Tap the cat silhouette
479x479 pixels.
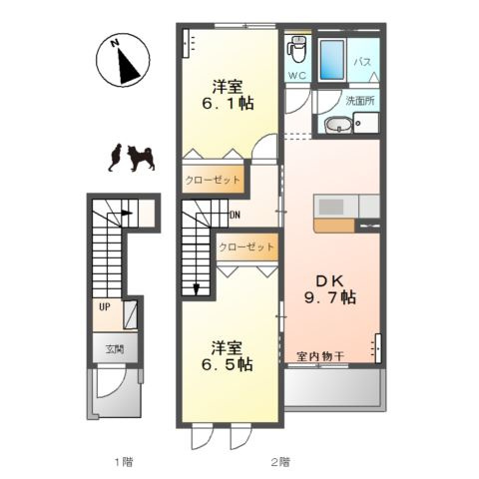coord(115,158)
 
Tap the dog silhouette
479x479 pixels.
coord(140,158)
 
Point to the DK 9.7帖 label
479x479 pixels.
coord(330,287)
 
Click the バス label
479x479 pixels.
coord(363,63)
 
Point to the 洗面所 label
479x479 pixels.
coord(359,102)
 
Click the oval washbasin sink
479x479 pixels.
coord(336,126)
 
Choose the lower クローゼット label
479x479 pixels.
coord(246,246)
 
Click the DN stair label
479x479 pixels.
coord(235,215)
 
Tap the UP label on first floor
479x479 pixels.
coord(103,306)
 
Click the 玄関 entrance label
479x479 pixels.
coord(114,350)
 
